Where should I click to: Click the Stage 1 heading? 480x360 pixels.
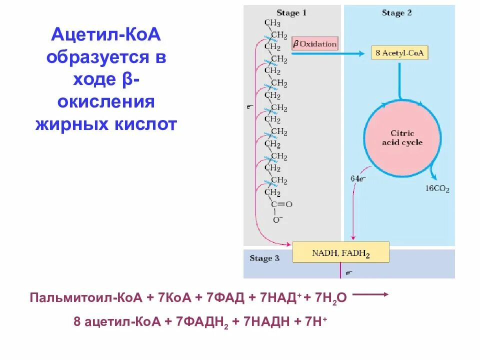coord(291,13)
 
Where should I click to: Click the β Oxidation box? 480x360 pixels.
coord(315,44)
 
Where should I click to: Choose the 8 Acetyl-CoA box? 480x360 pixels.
coord(399,53)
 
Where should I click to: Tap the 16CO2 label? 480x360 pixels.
coord(438,189)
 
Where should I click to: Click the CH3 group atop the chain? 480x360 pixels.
coord(272,23)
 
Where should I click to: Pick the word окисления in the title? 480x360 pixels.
coord(106,102)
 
